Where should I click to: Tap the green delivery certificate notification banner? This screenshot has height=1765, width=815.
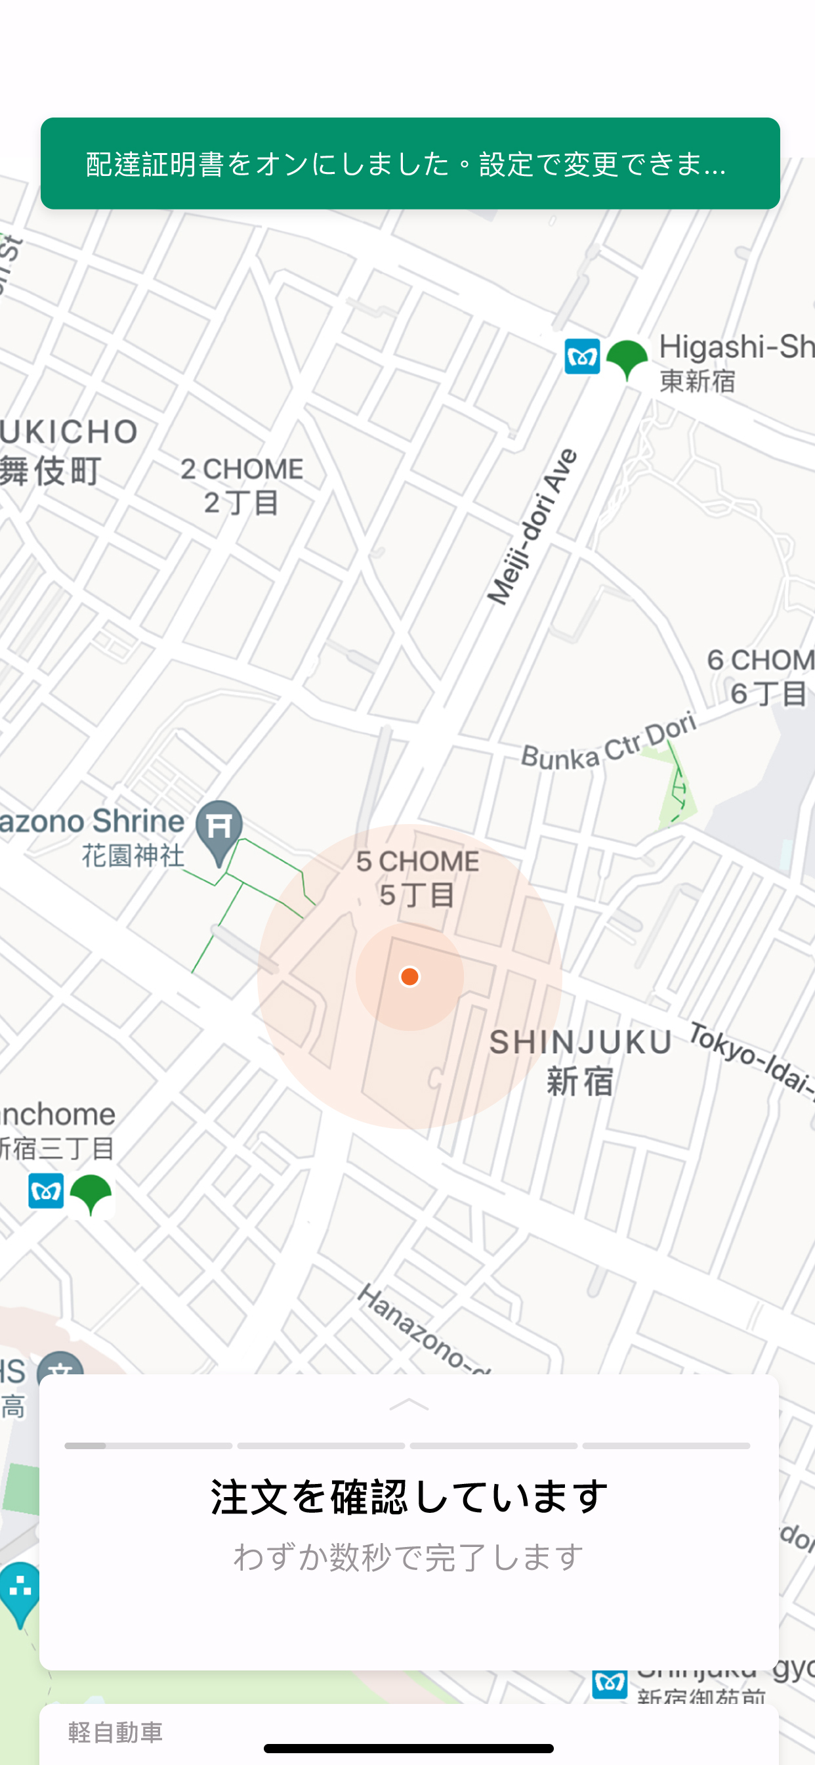pyautogui.click(x=409, y=163)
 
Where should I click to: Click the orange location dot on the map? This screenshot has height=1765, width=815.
pyautogui.click(x=409, y=976)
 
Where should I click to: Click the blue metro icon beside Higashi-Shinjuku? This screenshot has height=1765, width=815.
pyautogui.click(x=582, y=357)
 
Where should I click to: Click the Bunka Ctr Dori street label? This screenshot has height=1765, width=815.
pyautogui.click(x=608, y=743)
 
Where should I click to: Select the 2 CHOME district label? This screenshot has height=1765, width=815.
pyautogui.click(x=241, y=485)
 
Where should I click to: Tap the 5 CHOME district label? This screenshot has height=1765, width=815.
pyautogui.click(x=417, y=877)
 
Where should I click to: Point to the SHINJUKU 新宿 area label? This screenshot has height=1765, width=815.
pyautogui.click(x=580, y=1060)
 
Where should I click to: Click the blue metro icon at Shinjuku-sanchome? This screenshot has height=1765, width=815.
pyautogui.click(x=46, y=1191)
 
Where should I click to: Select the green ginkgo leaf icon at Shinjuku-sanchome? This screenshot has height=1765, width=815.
pyautogui.click(x=91, y=1194)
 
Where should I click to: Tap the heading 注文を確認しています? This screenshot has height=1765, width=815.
pyautogui.click(x=409, y=1496)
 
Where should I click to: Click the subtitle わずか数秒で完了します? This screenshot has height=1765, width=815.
pyautogui.click(x=409, y=1557)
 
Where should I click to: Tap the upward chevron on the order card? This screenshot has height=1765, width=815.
pyautogui.click(x=409, y=1405)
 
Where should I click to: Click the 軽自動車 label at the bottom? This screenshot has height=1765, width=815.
pyautogui.click(x=115, y=1732)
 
